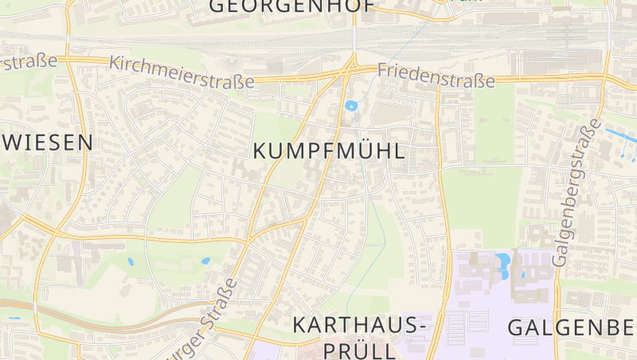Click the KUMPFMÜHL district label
[329, 151]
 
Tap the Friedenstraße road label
[436, 76]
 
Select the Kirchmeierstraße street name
[182, 72]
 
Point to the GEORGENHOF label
[291, 6]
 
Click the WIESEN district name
[48, 143]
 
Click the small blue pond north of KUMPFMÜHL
[351, 105]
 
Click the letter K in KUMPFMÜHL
[260, 151]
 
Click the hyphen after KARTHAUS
[423, 327]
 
